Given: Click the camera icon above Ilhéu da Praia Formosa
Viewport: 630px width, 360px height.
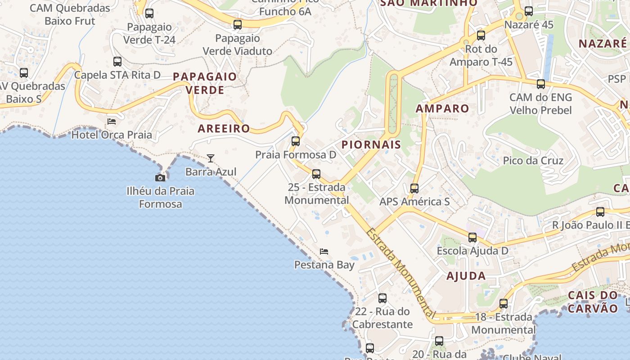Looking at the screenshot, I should (x=160, y=178).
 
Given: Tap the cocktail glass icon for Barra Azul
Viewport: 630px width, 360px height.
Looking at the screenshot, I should (x=211, y=158).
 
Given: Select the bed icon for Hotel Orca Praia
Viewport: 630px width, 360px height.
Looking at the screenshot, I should (x=112, y=121).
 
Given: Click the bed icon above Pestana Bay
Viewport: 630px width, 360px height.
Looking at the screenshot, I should (x=324, y=252).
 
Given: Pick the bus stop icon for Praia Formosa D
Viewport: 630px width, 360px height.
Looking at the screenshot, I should (x=296, y=141).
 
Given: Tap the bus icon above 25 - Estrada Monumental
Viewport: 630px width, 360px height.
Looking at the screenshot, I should (x=316, y=174).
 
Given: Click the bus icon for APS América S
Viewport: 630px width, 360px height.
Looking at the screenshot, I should (x=414, y=189).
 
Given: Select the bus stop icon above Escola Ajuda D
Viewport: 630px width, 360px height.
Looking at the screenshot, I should (x=472, y=238).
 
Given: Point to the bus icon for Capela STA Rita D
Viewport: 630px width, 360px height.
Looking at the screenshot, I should (x=117, y=62).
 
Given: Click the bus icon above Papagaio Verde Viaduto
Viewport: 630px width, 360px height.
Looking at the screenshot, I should (x=238, y=25).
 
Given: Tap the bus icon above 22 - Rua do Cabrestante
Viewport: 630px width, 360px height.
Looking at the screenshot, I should (x=382, y=298).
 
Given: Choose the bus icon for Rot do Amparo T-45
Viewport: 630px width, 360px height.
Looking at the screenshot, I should (x=481, y=36).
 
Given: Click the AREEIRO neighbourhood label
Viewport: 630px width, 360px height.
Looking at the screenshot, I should (x=224, y=128).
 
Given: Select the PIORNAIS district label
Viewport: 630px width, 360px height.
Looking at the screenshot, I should (x=371, y=144).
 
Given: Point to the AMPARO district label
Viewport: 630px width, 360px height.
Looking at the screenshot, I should (x=442, y=108).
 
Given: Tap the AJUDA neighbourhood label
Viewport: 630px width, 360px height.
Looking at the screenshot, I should (x=466, y=276).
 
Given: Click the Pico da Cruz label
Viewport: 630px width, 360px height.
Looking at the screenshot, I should (x=533, y=161).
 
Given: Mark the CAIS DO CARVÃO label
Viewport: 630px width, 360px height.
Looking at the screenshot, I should (x=593, y=302).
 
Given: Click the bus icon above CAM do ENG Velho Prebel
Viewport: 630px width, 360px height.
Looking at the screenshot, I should (x=541, y=84).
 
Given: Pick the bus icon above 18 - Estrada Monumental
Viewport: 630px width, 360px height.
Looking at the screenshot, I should (x=504, y=304).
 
